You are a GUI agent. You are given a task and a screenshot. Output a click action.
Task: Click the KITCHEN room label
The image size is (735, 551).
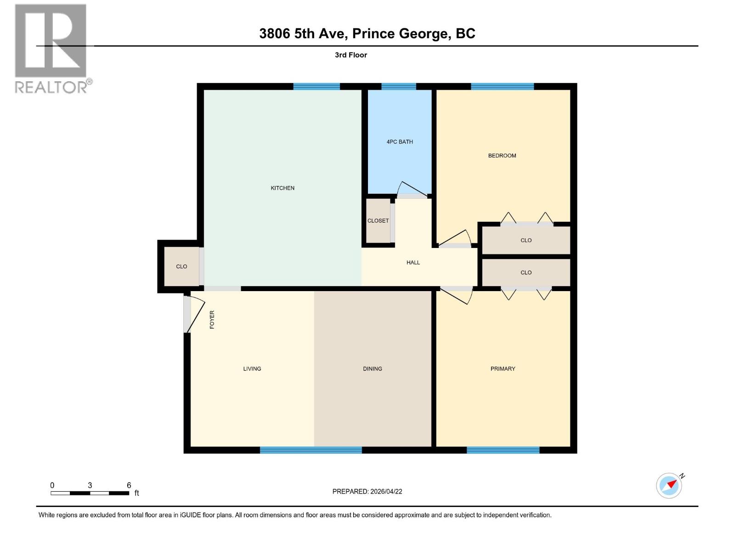[283, 188]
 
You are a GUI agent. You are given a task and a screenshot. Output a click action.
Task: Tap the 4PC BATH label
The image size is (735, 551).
[400, 142]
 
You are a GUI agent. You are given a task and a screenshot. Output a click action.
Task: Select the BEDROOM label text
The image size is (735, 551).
[502, 156]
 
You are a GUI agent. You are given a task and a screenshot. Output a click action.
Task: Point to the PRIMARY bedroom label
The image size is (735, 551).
[503, 369]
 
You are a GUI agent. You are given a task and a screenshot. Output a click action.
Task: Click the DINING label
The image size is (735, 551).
[372, 369]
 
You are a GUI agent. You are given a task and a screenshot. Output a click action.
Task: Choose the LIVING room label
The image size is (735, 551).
[252, 369]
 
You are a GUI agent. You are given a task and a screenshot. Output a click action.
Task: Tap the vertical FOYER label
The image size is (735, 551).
[212, 320]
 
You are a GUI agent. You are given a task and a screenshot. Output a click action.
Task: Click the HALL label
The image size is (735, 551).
[413, 263]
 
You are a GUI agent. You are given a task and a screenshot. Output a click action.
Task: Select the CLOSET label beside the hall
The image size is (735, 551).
[378, 221]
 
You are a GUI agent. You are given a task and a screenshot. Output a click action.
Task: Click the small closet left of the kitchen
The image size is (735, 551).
[181, 266]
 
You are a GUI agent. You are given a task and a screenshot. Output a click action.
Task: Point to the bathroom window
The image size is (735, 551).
[398, 86]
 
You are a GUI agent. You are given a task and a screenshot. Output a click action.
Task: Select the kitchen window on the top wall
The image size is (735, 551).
[317, 86]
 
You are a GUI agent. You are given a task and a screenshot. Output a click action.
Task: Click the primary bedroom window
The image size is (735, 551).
[503, 450]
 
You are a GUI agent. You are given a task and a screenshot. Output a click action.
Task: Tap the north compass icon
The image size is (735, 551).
[669, 485]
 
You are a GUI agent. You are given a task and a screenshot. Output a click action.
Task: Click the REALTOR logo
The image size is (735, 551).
[51, 48]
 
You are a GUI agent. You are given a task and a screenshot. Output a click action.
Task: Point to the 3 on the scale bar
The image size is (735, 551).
[90, 485]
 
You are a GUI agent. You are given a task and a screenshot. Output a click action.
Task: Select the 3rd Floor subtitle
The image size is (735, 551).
[351, 55]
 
